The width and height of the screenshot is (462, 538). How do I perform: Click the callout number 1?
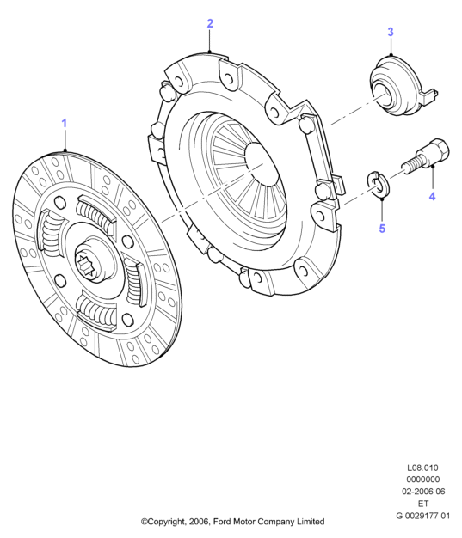tap(65, 123)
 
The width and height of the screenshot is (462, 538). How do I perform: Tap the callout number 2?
tap(210, 23)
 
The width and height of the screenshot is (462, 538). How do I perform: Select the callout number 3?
tap(391, 32)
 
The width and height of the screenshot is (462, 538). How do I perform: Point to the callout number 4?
tap(432, 197)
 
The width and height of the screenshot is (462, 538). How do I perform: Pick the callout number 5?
tap(382, 229)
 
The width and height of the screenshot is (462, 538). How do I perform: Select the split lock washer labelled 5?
tap(379, 185)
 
